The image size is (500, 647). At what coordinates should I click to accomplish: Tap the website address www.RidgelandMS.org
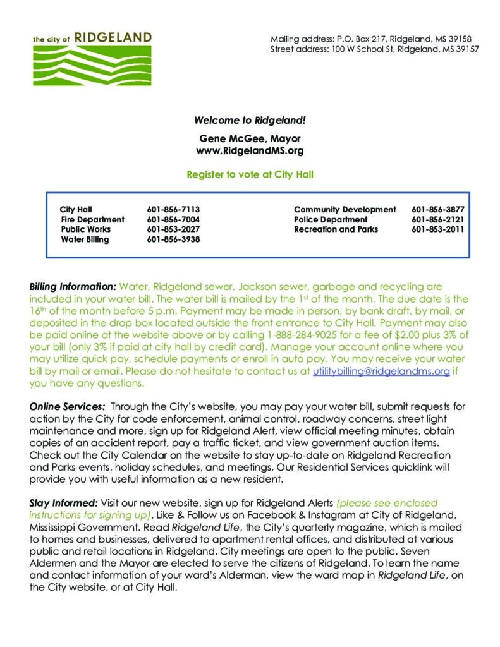point(250,151)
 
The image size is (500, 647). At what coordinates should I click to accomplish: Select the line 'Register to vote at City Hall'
point(250,174)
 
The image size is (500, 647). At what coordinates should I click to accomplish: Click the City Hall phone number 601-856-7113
point(173,209)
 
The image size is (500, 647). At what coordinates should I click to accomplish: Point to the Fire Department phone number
point(173,219)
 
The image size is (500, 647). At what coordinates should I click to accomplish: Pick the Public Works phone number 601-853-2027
point(173,229)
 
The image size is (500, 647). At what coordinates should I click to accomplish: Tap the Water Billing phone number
point(173,239)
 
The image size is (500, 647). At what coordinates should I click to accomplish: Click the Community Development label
point(345,209)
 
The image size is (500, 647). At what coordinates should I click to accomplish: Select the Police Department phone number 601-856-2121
point(437,219)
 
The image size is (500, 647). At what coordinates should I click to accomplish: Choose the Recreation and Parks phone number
point(437,229)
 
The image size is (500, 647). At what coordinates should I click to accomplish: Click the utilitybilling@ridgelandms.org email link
point(381,372)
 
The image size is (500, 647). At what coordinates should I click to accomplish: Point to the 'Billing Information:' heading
point(73,286)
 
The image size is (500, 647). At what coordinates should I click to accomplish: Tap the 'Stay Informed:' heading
point(63,503)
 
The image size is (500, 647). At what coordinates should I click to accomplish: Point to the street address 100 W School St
point(374,49)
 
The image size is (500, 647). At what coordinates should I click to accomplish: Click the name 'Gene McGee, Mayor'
point(250,138)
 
